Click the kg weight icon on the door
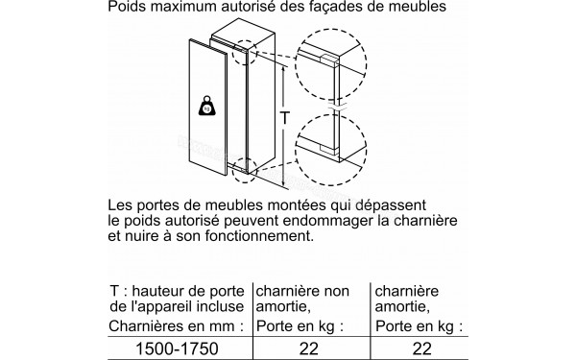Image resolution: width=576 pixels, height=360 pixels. [206, 106]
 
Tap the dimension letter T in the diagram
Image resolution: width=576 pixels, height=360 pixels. [285, 118]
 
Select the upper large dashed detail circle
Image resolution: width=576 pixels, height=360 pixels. [330, 64]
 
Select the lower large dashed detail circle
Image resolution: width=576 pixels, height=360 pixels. [330, 150]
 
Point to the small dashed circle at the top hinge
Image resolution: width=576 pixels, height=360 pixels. [245, 53]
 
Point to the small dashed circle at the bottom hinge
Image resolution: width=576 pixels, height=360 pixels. [245, 171]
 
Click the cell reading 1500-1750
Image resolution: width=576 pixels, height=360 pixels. [177, 348]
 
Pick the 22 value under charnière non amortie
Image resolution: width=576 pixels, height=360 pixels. [309, 348]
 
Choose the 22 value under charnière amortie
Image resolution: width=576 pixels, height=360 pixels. [422, 348]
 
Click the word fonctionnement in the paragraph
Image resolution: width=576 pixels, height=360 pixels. [259, 236]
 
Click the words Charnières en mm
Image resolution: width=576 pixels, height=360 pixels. [177, 325]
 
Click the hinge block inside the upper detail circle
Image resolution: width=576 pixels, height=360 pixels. [329, 60]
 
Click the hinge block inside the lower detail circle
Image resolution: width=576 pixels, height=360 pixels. [328, 148]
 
